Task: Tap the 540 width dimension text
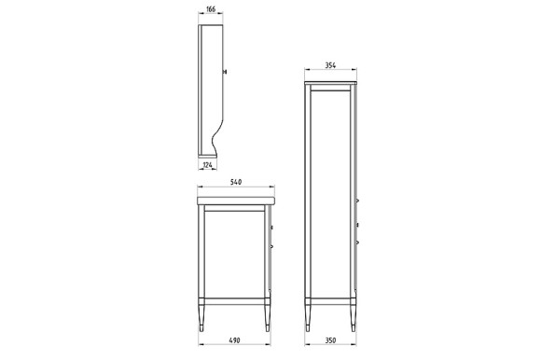(236, 182)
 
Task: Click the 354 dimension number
(331, 66)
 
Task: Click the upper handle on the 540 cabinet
(271, 226)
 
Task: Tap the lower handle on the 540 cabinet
(271, 246)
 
